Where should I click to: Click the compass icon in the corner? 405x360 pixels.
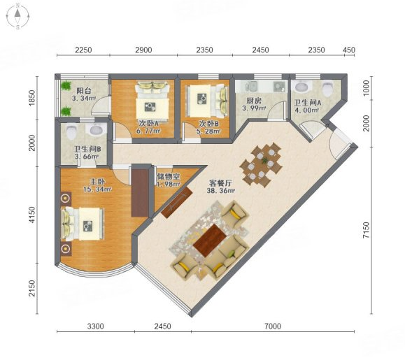click(17, 16)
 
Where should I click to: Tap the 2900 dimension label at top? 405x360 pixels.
click(143, 50)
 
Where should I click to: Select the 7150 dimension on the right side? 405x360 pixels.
click(366, 230)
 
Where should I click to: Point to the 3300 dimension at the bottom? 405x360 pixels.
click(96, 326)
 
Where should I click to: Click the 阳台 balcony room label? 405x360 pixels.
click(84, 91)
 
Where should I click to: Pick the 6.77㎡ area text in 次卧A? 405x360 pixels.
click(148, 131)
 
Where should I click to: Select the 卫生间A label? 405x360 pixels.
click(308, 103)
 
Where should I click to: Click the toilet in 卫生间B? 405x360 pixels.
click(71, 131)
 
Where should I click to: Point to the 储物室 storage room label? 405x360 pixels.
click(168, 177)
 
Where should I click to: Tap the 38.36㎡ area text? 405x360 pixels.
click(220, 191)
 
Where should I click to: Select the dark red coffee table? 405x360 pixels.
click(210, 240)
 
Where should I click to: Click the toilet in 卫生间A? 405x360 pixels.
click(328, 88)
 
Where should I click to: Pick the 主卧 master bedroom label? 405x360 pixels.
click(97, 182)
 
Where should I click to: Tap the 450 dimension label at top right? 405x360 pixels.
click(349, 50)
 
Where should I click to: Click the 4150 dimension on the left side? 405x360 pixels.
click(31, 215)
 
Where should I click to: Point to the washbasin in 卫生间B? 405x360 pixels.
click(98, 129)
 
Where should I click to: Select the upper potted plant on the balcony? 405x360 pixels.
click(66, 85)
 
